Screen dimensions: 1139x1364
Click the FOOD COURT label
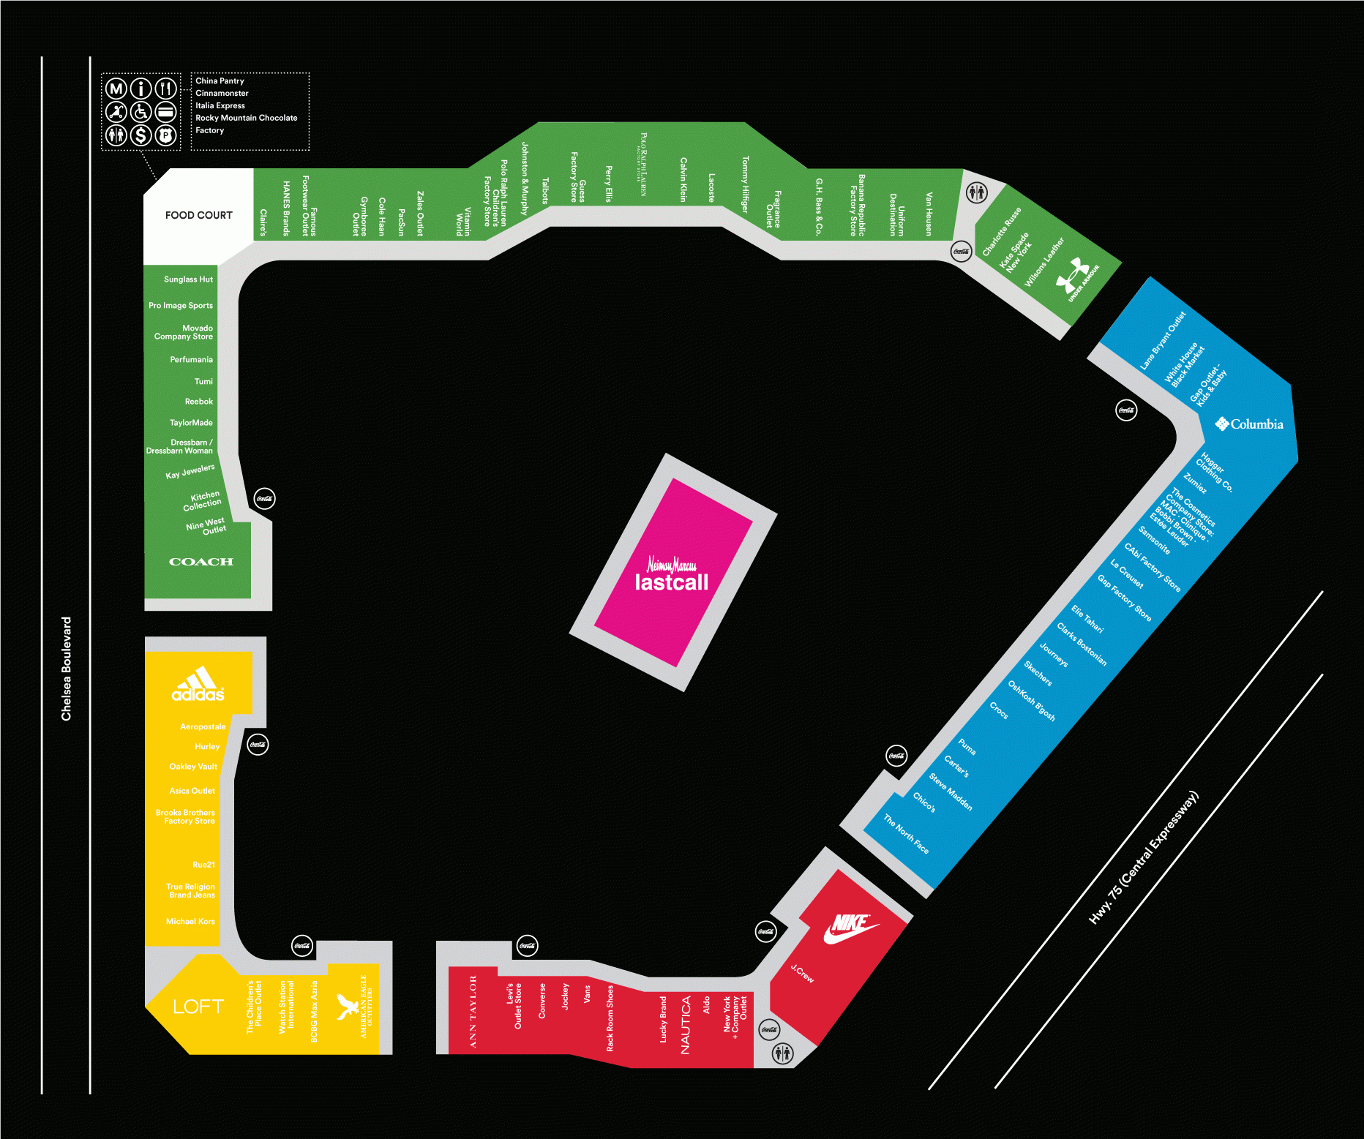pos(198,215)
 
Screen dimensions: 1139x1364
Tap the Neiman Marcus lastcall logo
pos(672,574)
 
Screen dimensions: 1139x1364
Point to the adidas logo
pos(198,685)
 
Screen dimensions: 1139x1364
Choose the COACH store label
pos(201,562)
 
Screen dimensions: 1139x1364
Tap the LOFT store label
pos(198,1007)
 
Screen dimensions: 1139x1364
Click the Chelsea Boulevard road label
pos(67,669)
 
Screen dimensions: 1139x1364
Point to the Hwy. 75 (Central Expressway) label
pos(1143,857)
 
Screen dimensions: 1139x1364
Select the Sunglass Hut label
pos(188,279)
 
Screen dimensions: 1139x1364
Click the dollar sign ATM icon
pos(140,135)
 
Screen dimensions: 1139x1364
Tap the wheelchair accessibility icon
pos(140,112)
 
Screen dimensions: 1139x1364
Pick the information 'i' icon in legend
pos(140,89)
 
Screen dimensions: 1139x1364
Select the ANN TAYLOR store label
pos(473,1012)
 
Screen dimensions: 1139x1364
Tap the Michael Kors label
pos(190,922)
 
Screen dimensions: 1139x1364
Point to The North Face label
pos(906,834)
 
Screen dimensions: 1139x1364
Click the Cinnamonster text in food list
pos(222,94)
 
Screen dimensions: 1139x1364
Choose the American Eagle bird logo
pos(345,1007)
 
